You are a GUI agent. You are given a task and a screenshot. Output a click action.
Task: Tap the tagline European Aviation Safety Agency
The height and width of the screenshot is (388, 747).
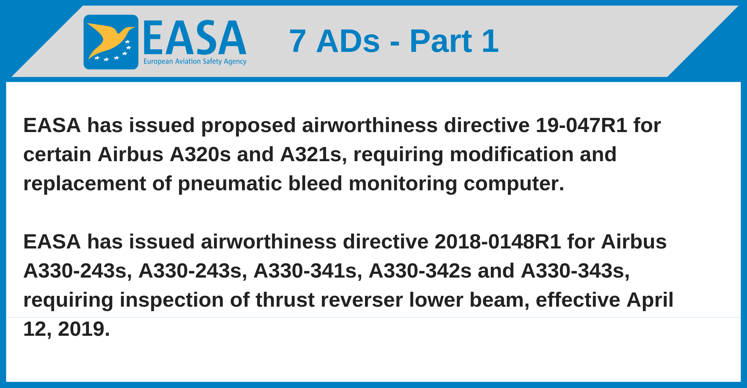[195, 62]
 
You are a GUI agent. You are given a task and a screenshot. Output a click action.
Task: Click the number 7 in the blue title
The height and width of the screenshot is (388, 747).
[298, 41]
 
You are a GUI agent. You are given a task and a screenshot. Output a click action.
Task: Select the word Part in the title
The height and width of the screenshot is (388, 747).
[441, 41]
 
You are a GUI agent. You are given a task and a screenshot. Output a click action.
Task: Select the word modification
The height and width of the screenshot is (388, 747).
[511, 154]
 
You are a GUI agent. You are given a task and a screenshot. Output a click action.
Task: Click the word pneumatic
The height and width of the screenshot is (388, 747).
[230, 184]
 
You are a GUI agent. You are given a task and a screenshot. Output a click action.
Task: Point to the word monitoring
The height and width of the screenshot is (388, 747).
[403, 184]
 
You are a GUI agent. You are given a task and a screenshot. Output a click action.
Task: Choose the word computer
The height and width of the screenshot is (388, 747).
[514, 184]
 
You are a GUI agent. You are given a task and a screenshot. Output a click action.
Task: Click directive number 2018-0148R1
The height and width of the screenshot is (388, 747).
[498, 241]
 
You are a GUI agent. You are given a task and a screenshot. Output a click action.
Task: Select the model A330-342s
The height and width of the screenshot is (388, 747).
[420, 270]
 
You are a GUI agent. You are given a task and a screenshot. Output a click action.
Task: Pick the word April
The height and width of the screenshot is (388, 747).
[650, 300]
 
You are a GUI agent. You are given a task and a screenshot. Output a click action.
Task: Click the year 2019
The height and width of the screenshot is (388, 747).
[84, 329]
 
